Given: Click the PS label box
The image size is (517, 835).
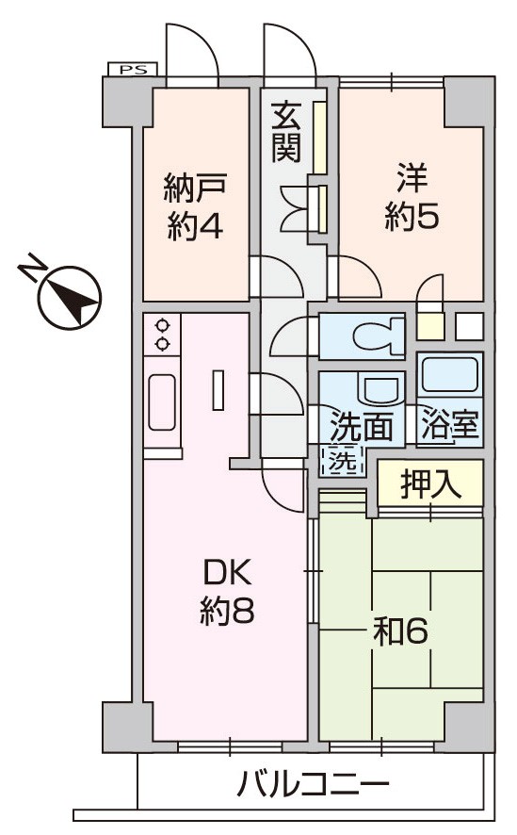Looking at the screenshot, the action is [x=133, y=69].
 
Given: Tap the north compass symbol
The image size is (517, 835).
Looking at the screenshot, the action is [x=63, y=292].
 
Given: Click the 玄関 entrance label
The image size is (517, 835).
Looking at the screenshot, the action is [x=286, y=133].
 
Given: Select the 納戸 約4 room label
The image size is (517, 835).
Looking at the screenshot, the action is [x=195, y=205].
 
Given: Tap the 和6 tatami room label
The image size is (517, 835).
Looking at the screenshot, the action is [x=400, y=631].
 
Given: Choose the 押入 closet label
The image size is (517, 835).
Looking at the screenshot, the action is [x=430, y=484].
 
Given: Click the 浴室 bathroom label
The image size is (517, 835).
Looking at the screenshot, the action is [x=450, y=424].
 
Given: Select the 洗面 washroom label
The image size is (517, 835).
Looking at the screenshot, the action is [x=362, y=425].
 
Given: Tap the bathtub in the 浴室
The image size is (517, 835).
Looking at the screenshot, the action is [x=449, y=374].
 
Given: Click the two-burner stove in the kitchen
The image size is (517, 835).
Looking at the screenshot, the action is [x=162, y=335].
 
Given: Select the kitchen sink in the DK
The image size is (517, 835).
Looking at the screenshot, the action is [x=162, y=402].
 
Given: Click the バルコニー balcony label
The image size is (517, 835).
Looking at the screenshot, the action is [x=314, y=784].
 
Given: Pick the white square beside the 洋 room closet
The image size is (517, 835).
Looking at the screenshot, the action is [x=470, y=326].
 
